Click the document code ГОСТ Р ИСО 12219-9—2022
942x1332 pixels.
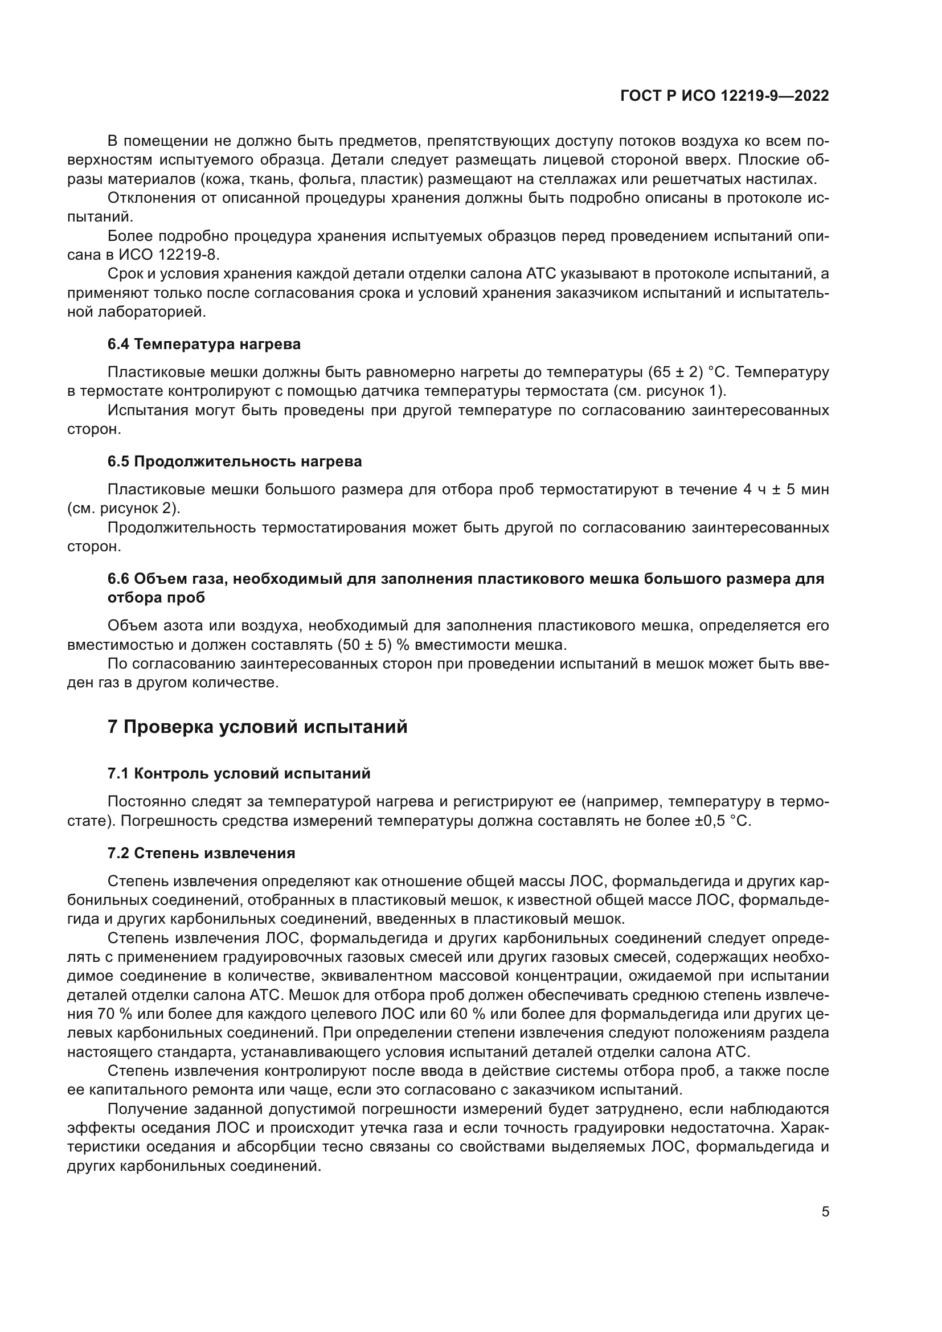[724, 96]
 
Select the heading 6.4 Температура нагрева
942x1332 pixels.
[204, 344]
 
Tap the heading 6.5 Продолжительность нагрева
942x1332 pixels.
[234, 461]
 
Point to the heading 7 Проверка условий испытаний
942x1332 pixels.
[257, 727]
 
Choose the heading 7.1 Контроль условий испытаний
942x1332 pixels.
[239, 773]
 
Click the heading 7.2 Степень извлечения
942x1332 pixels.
[201, 853]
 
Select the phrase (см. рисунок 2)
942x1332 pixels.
[124, 508]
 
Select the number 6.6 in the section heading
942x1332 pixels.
[118, 579]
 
